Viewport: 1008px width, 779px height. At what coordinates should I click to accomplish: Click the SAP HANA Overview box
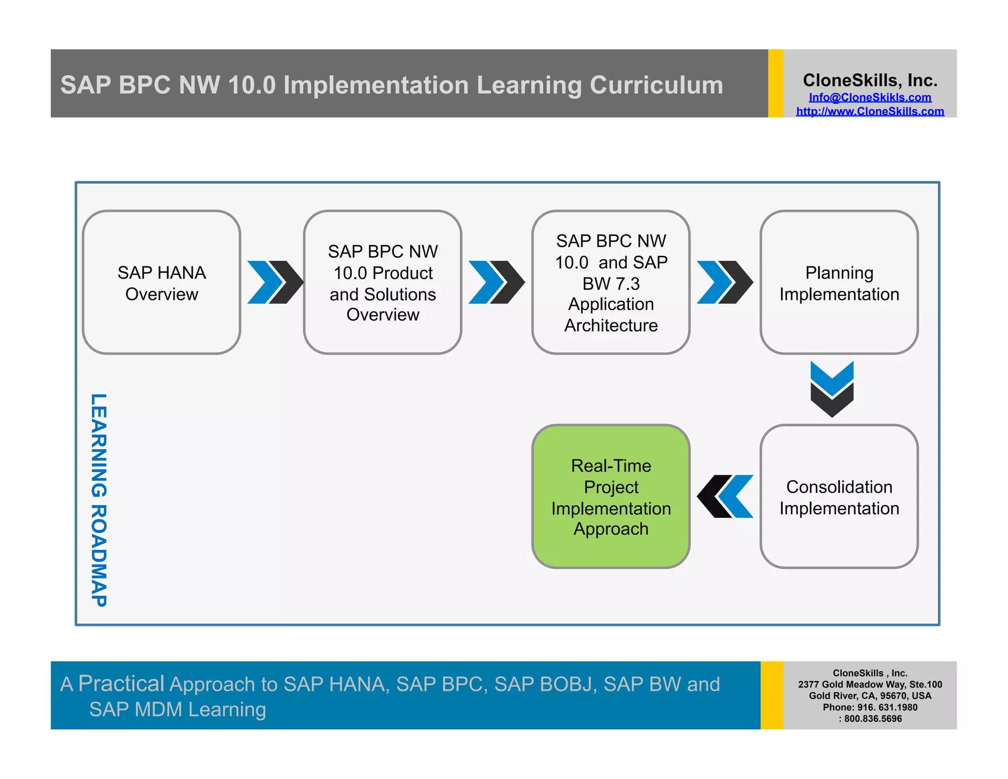click(x=161, y=283)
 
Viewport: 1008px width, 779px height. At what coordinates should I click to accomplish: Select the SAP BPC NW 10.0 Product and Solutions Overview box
click(x=382, y=283)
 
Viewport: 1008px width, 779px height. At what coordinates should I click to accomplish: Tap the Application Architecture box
click(x=611, y=283)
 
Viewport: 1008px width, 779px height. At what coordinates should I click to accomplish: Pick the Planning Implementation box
click(x=839, y=283)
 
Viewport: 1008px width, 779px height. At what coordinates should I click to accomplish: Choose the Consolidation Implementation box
click(x=839, y=497)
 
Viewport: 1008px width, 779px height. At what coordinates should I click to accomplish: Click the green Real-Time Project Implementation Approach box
click(x=611, y=497)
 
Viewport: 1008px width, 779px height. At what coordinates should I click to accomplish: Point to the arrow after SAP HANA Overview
click(x=275, y=282)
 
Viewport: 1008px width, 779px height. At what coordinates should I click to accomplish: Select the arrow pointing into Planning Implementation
click(x=724, y=282)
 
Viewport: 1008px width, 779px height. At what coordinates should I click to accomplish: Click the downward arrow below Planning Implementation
click(x=832, y=389)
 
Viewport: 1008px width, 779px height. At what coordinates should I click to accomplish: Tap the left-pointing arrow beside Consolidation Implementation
click(x=725, y=496)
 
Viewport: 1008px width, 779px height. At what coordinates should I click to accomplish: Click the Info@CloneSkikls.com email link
click(x=870, y=97)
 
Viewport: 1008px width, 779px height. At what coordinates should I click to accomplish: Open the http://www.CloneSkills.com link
click(x=870, y=111)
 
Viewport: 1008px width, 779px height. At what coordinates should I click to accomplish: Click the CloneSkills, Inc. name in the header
click(x=870, y=80)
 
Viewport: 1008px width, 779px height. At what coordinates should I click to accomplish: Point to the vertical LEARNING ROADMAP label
click(x=99, y=500)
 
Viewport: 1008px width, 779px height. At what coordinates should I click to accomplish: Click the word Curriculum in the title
click(x=656, y=85)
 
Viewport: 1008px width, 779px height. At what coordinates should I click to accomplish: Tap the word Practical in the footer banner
click(x=121, y=683)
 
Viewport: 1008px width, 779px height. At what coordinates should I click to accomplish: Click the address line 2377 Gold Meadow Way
click(x=870, y=684)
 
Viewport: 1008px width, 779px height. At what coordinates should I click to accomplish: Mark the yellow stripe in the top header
click(x=775, y=83)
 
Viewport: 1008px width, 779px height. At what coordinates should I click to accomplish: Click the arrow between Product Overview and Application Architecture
click(x=496, y=282)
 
